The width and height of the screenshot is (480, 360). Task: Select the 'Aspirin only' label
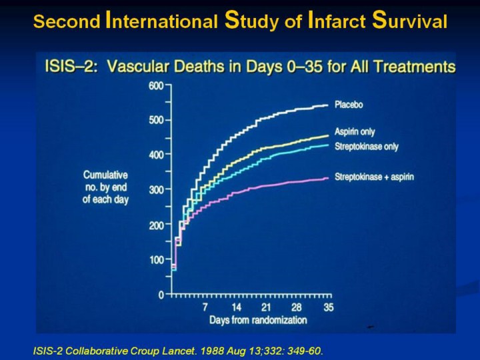coord(355,133)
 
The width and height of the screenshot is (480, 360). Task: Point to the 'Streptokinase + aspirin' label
coord(374,177)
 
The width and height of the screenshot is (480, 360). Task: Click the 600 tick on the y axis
coord(157,85)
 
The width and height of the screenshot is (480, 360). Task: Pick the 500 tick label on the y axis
coord(157,120)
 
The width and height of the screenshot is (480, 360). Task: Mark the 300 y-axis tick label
coord(157,190)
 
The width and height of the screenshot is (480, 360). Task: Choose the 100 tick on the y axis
coord(157,259)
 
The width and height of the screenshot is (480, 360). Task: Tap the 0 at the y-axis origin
coord(161,294)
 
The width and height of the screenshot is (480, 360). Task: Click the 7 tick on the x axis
coord(205,307)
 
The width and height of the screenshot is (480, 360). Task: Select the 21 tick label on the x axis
coord(267,307)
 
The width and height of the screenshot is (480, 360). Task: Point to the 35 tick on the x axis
coord(329,307)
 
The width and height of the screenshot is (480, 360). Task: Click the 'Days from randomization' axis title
coord(258,320)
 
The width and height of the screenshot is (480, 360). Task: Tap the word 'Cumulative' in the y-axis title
coord(105,175)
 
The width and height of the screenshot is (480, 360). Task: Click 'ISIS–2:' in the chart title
coord(70,67)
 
